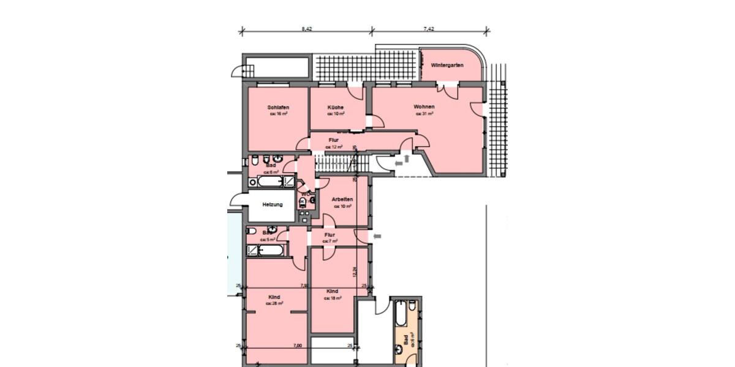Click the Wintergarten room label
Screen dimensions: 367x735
(x=447, y=65)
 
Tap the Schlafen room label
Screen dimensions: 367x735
(x=278, y=108)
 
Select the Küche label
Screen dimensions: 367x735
(x=335, y=108)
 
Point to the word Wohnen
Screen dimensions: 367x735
(x=424, y=107)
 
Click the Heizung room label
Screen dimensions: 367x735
(x=273, y=204)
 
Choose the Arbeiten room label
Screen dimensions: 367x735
(x=342, y=200)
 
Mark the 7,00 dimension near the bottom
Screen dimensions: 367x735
(x=298, y=346)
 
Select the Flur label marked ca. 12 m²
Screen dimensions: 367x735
(x=333, y=140)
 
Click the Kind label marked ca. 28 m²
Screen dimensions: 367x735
(x=274, y=297)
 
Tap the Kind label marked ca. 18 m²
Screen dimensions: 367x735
(x=333, y=291)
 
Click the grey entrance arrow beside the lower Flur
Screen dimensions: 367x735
(x=377, y=235)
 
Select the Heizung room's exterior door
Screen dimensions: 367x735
(x=236, y=199)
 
